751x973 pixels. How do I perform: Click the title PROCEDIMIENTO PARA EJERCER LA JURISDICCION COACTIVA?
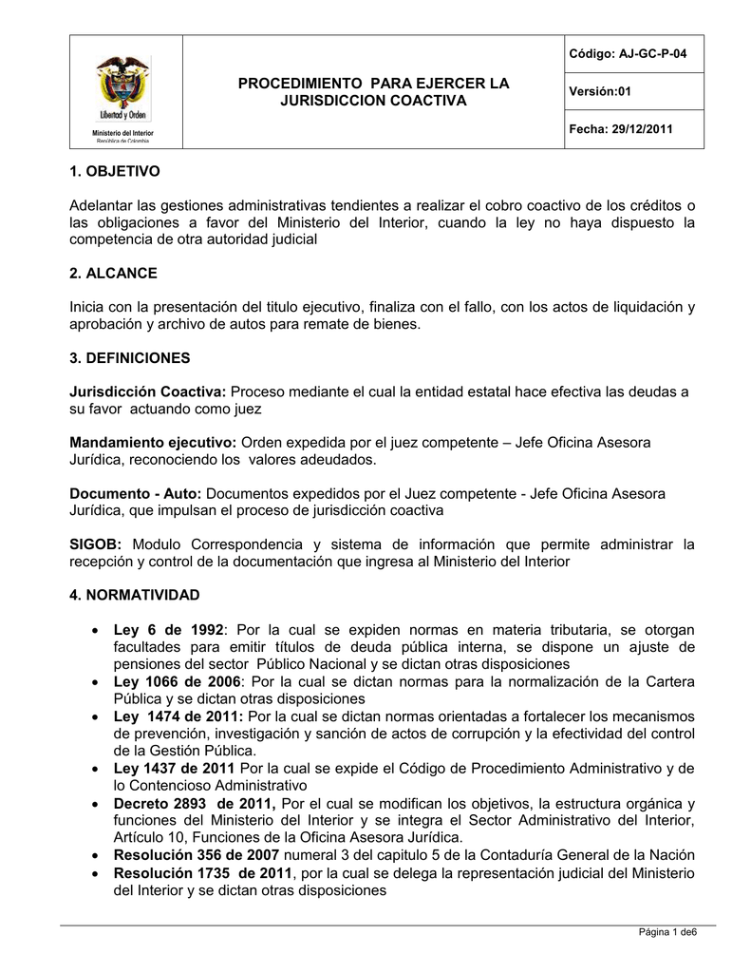(x=372, y=91)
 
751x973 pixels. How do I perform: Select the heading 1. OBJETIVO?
(x=115, y=171)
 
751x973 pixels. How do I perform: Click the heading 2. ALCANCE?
(x=113, y=273)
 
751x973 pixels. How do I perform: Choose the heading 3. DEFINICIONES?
(x=130, y=358)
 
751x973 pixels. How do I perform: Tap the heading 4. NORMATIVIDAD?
(x=135, y=595)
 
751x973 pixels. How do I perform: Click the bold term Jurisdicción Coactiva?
(x=148, y=391)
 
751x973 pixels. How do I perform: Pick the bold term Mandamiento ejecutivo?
(x=154, y=443)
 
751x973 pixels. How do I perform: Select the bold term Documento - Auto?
(x=136, y=494)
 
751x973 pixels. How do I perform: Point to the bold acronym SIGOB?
(x=96, y=544)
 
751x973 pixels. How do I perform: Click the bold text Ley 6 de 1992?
(x=168, y=630)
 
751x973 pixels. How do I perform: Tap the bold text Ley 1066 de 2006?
(x=178, y=682)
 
